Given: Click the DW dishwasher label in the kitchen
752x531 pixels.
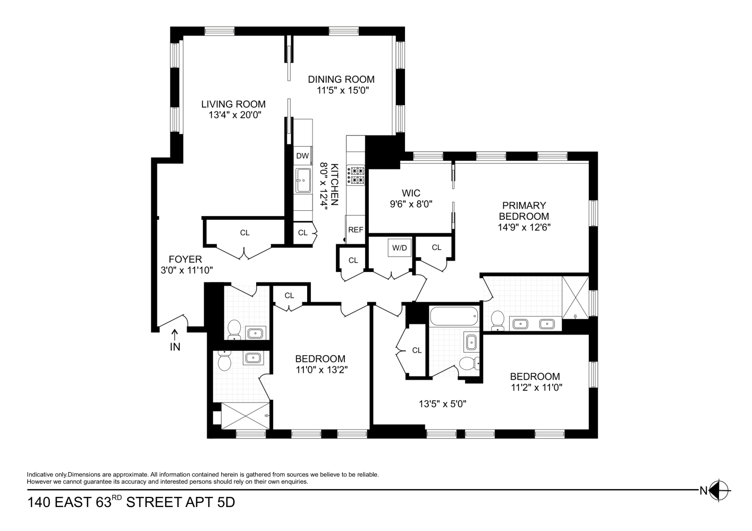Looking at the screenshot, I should (x=302, y=156).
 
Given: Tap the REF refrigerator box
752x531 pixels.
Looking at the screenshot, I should (x=356, y=229).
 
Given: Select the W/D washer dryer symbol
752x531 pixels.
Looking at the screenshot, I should (x=400, y=247).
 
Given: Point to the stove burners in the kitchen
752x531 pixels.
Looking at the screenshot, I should (x=356, y=175).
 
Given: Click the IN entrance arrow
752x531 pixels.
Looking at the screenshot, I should (x=175, y=341).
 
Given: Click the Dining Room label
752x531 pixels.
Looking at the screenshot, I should (x=341, y=80).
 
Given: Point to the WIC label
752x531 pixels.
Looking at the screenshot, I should (x=411, y=193).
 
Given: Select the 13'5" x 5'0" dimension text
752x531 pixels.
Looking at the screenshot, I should (x=443, y=404).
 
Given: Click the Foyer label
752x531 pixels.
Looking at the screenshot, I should (x=185, y=259).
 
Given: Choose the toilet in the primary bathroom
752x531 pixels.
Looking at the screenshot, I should (x=497, y=320).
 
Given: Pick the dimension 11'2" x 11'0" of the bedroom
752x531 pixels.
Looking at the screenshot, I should (x=536, y=387).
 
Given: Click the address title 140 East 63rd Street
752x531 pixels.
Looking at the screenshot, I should (x=131, y=502).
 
